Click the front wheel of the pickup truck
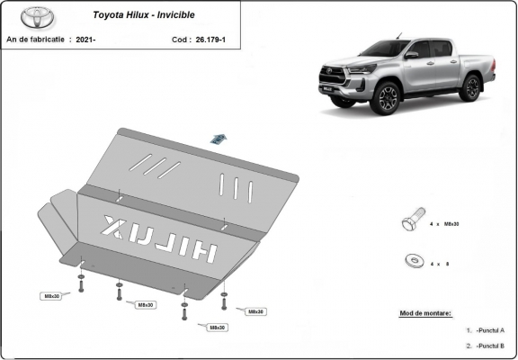388,97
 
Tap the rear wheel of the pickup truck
469,86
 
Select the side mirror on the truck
411,55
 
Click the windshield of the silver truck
384,49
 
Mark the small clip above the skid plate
219,138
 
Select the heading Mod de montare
425,313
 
